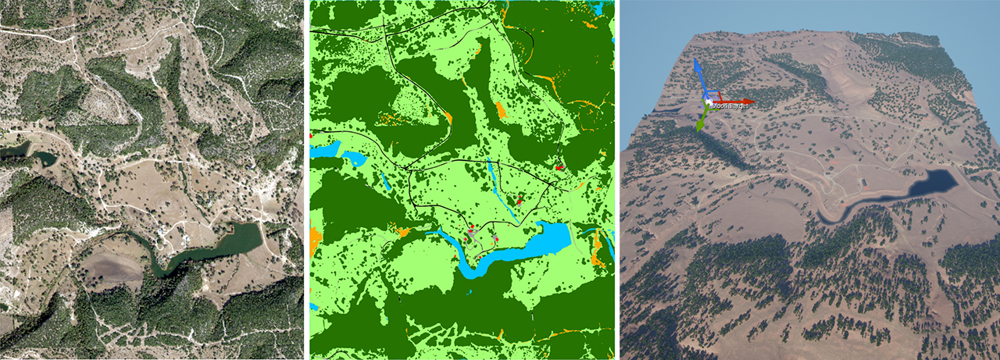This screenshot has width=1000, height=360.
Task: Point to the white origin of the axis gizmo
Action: (x=706, y=102)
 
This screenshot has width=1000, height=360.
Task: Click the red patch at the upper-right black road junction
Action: (x=559, y=166)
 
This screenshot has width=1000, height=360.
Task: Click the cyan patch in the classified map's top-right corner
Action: (x=598, y=9)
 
